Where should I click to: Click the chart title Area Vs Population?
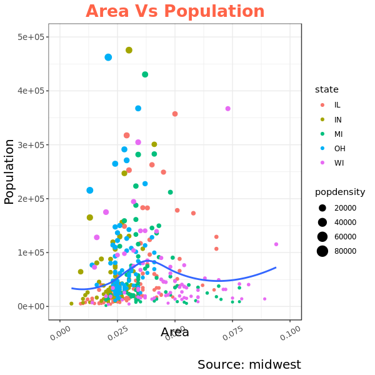tap(175, 11)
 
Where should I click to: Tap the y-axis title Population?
tap(9, 171)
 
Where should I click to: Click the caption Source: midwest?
tap(249, 364)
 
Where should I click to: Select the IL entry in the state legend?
tap(337, 105)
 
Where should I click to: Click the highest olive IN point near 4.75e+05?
tap(129, 50)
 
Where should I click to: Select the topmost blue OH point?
tap(108, 57)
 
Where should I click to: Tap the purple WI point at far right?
tap(276, 244)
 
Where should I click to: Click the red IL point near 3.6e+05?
tap(175, 114)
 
